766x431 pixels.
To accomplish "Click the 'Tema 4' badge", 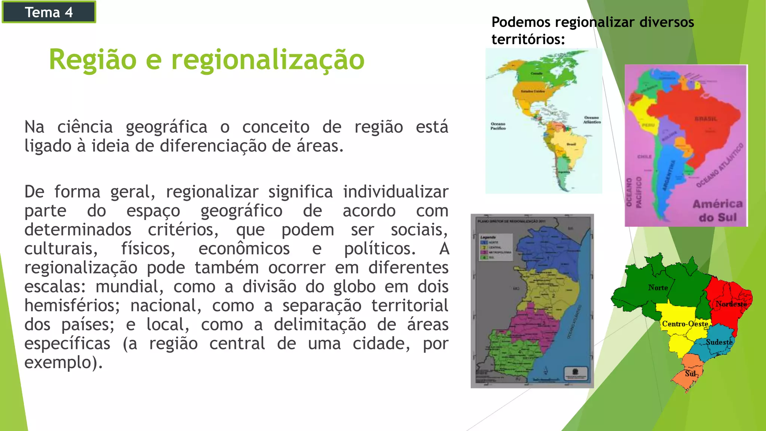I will click(x=49, y=12).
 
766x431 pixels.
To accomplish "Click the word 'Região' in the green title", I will click(x=93, y=60).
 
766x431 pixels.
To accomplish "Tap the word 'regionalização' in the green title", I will click(x=267, y=60).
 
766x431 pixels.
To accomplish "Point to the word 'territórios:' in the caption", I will click(x=528, y=39).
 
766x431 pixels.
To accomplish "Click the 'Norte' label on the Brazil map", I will click(x=658, y=287).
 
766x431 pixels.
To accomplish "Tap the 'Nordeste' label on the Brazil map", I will click(x=731, y=304).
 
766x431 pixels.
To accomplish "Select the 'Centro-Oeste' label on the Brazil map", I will click(x=685, y=324).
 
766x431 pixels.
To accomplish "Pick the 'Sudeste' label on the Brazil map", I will click(x=719, y=342).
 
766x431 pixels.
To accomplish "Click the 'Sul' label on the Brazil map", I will click(x=690, y=373).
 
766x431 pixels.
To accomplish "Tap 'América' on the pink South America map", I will click(x=717, y=204).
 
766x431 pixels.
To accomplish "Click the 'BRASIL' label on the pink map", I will click(x=706, y=119).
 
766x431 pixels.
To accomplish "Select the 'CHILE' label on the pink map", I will click(x=644, y=156).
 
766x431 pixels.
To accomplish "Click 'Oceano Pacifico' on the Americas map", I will click(x=498, y=126).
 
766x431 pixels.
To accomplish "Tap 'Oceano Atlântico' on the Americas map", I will click(x=592, y=120).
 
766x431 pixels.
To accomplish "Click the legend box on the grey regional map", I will click(x=496, y=247).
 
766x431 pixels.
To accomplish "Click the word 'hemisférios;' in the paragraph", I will click(x=72, y=305).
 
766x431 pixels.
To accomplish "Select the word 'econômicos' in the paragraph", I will click(x=244, y=248).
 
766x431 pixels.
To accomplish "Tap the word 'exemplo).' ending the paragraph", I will click(x=63, y=362).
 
